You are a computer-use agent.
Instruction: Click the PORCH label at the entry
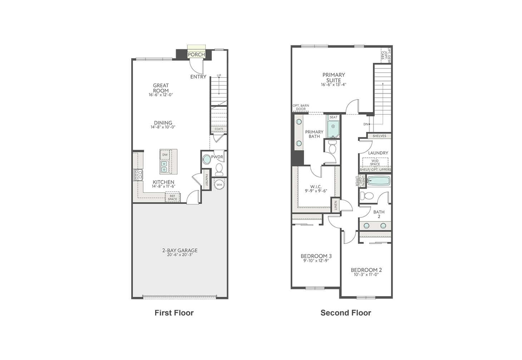click(196, 54)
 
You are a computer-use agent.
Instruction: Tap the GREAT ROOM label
click(161, 88)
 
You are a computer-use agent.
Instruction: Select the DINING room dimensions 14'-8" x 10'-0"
click(163, 127)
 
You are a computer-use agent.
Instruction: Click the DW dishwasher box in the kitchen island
click(165, 155)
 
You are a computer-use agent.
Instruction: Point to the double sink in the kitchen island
click(164, 167)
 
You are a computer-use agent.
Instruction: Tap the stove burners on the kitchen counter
click(138, 174)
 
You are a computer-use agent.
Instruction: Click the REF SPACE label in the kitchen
click(172, 197)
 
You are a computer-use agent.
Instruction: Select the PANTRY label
click(206, 180)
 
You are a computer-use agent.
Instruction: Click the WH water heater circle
click(219, 184)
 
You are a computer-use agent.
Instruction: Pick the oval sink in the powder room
click(207, 159)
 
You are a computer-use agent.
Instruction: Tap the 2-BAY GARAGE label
click(180, 251)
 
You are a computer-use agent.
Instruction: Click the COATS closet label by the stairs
click(219, 129)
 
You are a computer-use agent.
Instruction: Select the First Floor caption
click(174, 313)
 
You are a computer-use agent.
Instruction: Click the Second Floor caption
click(346, 313)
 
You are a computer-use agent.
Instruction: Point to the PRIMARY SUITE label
click(334, 78)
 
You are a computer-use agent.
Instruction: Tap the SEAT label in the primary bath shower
click(333, 117)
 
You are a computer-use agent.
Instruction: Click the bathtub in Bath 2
click(379, 181)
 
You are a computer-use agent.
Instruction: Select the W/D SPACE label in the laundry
click(375, 162)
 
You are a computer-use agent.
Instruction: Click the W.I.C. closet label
click(316, 187)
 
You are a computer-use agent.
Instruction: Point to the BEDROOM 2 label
click(366, 270)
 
